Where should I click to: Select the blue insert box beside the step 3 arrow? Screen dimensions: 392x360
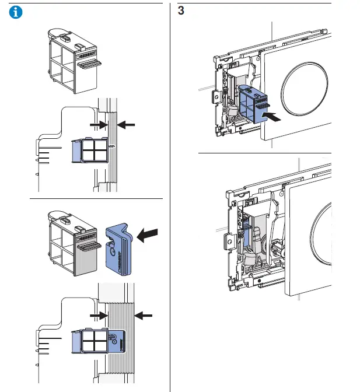tap(252, 105)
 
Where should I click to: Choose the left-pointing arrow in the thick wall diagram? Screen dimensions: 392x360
tap(144, 315)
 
